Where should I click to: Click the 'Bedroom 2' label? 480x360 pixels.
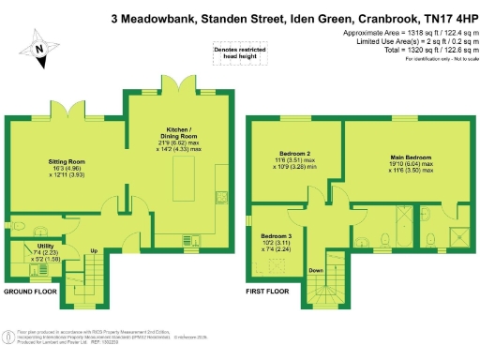(x=294, y=154)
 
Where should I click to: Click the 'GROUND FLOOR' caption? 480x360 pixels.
(x=32, y=292)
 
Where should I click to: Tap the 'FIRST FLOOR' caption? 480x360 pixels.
(x=268, y=292)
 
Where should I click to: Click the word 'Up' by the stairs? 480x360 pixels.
(x=94, y=251)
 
